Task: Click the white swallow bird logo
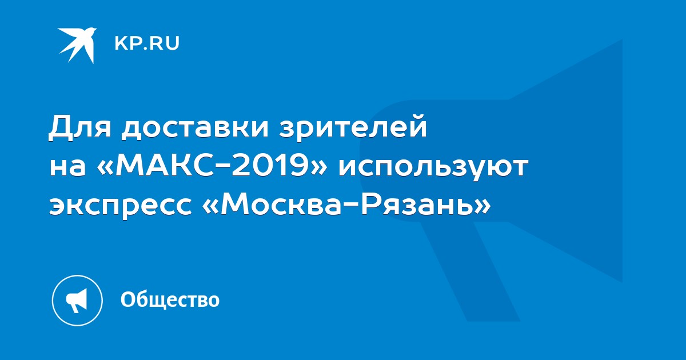(77, 45)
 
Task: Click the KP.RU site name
(147, 43)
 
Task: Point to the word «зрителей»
(353, 128)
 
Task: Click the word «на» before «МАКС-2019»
(67, 168)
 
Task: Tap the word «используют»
(433, 169)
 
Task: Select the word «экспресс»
(121, 208)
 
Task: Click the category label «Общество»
(170, 299)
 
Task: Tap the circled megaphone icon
(77, 301)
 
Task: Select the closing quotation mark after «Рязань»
(482, 207)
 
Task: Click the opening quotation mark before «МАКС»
(105, 168)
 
